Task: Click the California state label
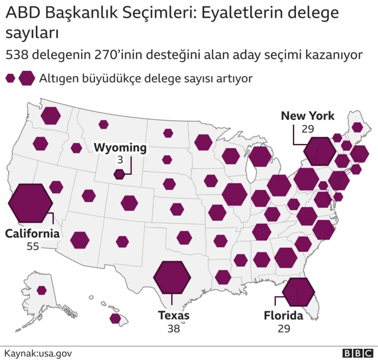tap(32, 234)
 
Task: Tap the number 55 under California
tap(32, 246)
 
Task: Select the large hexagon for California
tap(30, 201)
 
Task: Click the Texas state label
tap(174, 316)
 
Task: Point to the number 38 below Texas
tap(173, 329)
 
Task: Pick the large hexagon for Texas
tap(172, 276)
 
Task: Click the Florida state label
tap(283, 316)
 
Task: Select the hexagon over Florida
tap(298, 291)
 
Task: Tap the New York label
tap(307, 116)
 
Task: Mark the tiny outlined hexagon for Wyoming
tap(119, 174)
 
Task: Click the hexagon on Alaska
tap(41, 290)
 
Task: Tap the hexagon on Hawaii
tap(115, 319)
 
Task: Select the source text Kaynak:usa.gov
tap(38, 352)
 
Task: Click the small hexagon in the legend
tap(10, 78)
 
